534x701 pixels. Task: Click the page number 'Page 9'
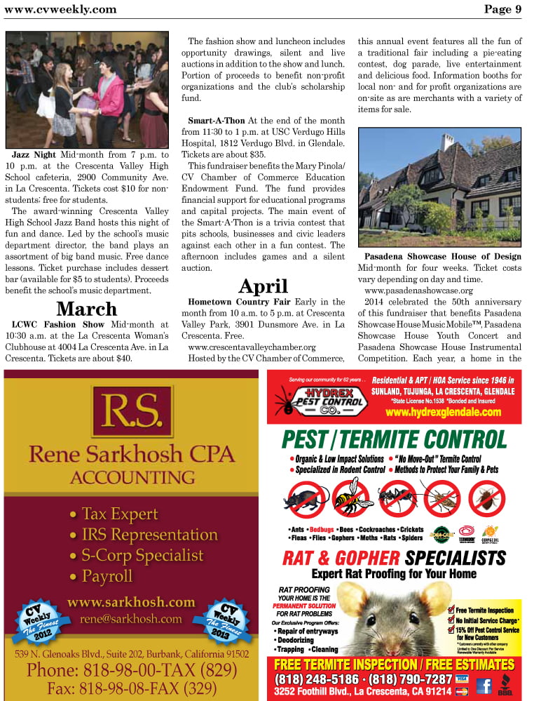click(x=502, y=9)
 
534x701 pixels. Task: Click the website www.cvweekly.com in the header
click(x=60, y=9)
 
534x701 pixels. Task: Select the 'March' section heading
click(x=86, y=309)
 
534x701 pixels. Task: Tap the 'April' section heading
click(x=263, y=286)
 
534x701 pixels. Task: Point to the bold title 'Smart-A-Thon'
click(x=217, y=121)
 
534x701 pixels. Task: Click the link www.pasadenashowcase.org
click(x=418, y=291)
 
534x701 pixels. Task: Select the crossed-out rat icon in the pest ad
click(x=306, y=498)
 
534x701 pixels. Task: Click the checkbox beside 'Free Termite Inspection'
click(x=451, y=610)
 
